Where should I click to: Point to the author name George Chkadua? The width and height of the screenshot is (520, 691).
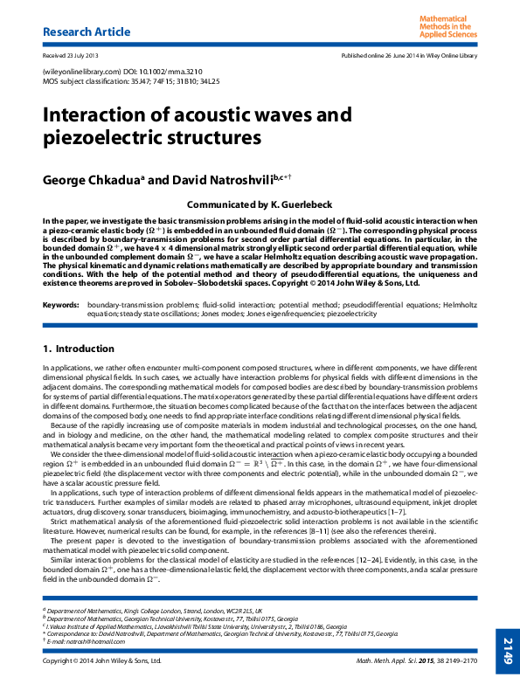(95, 180)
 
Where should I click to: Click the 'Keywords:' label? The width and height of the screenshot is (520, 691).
(61, 305)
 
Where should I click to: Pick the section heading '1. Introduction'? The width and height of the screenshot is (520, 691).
(79, 349)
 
